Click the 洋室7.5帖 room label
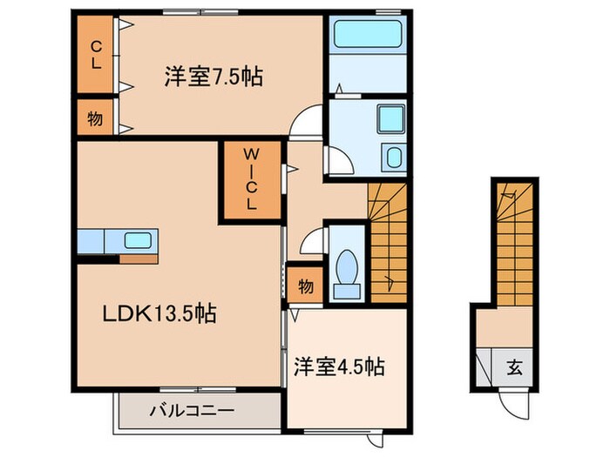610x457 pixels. point(213,77)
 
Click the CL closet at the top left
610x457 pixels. point(94,54)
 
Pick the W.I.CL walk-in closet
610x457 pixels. point(249,181)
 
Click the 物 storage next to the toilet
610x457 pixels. point(305,284)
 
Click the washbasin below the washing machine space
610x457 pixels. point(394,158)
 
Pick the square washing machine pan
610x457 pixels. point(390,118)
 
